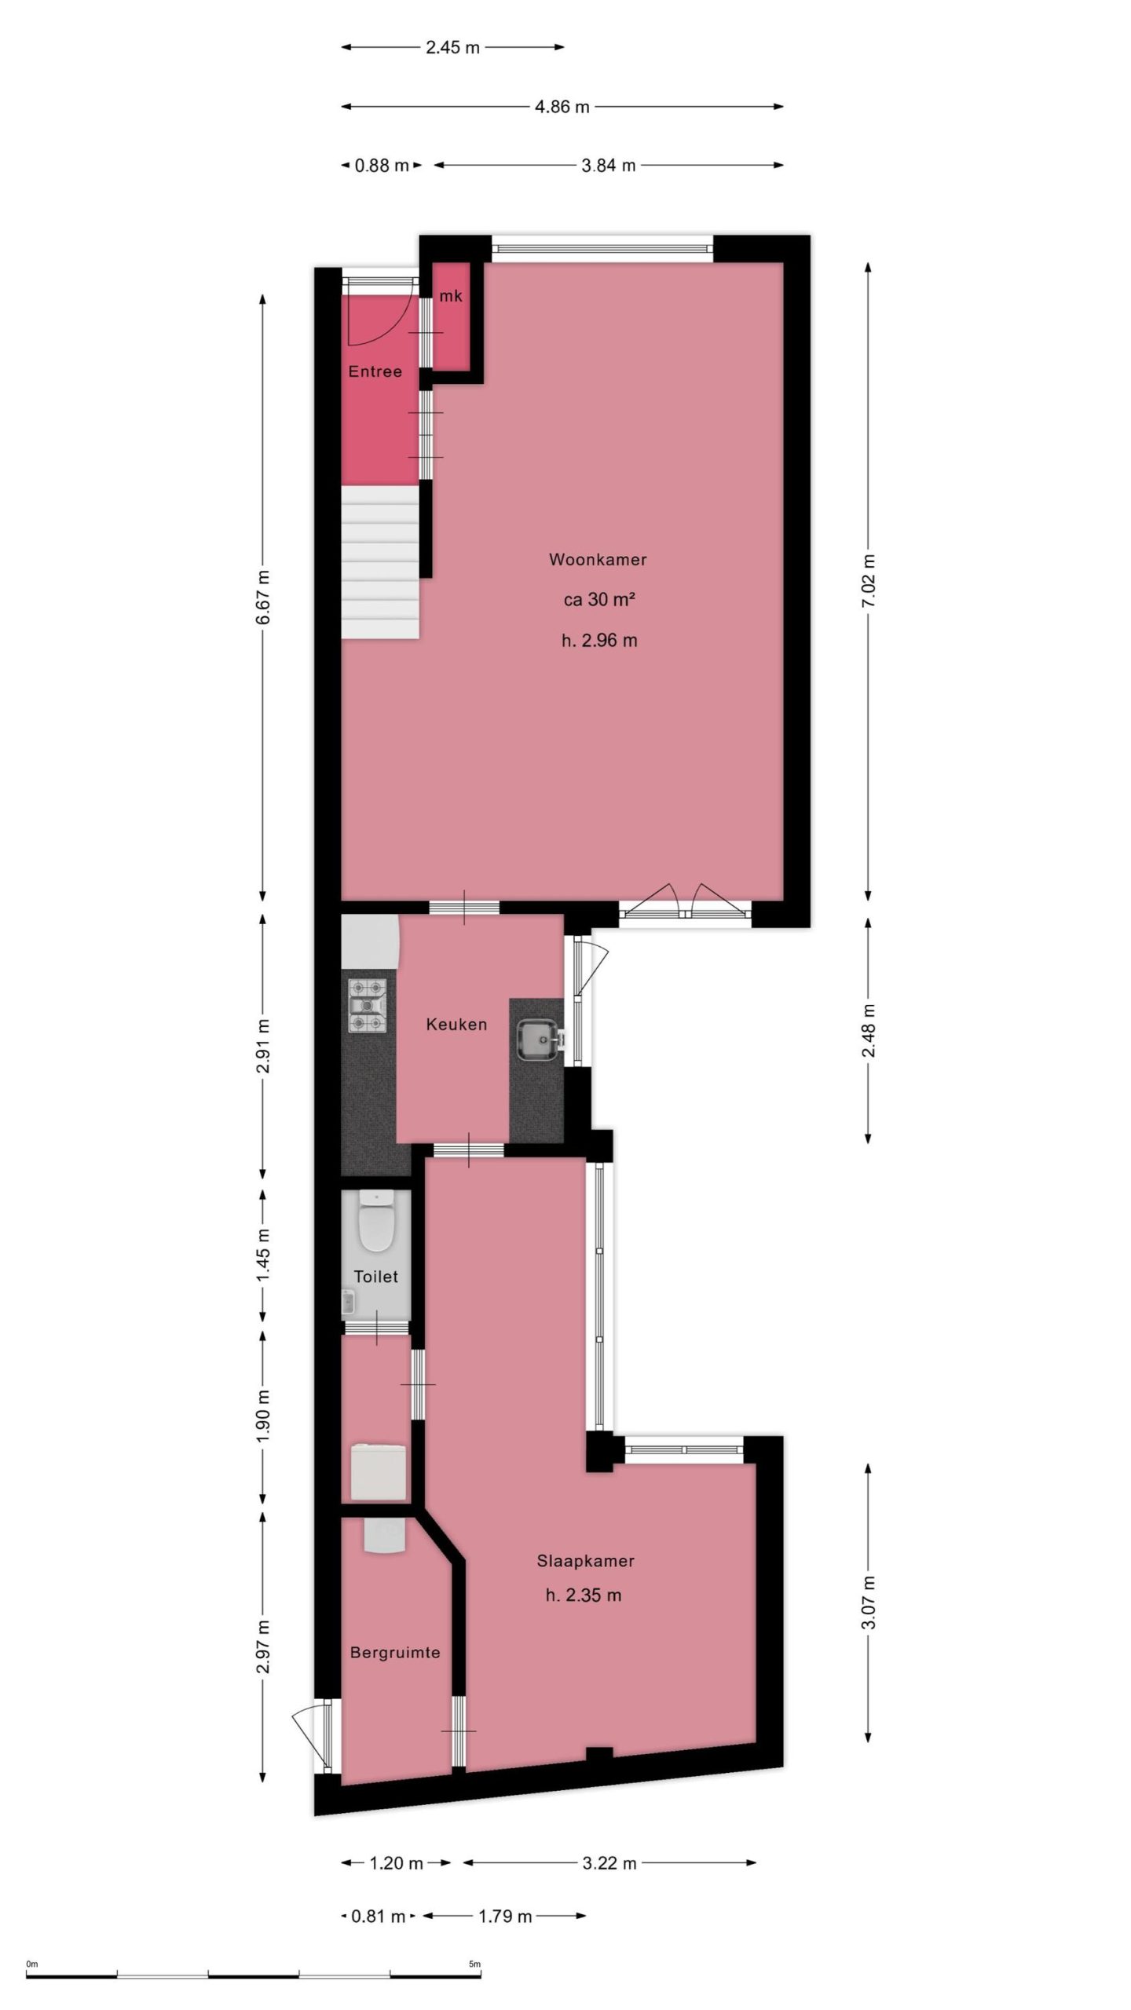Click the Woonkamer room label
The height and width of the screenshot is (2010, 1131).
(598, 560)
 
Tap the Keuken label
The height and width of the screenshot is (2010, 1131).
(456, 1024)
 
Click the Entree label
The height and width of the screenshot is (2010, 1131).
(375, 371)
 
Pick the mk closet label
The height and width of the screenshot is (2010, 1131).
(451, 296)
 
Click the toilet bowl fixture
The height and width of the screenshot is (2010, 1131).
(375, 1223)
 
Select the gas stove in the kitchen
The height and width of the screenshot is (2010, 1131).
(368, 1005)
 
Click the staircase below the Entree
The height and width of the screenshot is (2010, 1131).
(380, 561)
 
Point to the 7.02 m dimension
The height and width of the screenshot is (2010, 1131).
(868, 581)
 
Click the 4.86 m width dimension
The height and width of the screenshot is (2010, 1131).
(562, 107)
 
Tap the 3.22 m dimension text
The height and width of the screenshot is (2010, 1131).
(609, 1862)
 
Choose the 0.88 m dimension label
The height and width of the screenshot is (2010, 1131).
(382, 166)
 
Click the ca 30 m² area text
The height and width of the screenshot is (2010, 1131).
(598, 600)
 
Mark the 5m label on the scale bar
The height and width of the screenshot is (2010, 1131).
(474, 1964)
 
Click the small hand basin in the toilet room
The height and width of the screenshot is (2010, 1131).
(348, 1303)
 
